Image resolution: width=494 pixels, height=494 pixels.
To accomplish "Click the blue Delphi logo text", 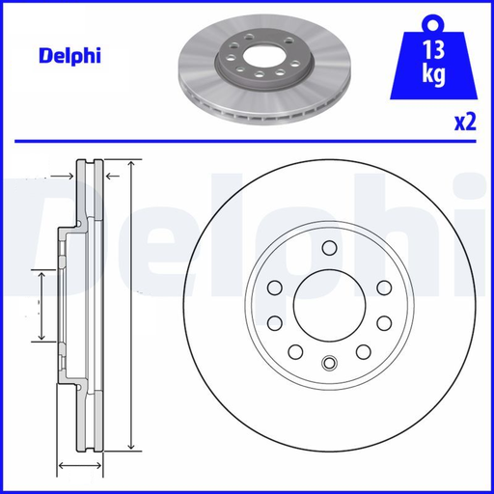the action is (x=69, y=56).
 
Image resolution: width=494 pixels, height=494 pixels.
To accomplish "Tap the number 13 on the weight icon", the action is (x=434, y=50).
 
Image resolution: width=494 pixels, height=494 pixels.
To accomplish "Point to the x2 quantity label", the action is (x=465, y=123).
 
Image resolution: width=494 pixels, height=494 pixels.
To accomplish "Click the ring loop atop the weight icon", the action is (x=433, y=23).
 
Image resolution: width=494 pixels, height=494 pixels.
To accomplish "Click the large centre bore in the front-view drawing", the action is (x=330, y=305).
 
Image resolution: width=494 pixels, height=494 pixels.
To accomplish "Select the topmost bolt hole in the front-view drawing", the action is (x=330, y=248).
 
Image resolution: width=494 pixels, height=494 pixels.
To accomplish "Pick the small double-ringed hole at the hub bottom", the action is (x=329, y=363).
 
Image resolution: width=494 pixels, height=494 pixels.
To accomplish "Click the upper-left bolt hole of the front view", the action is (x=275, y=288).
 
